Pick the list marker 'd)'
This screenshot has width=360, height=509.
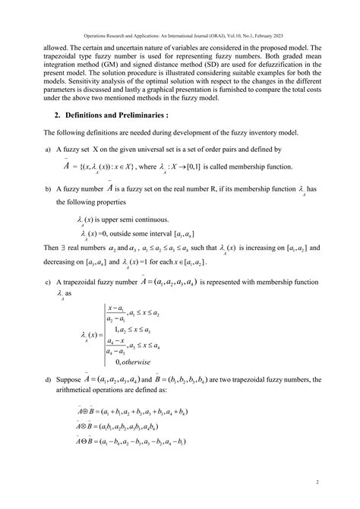(49, 400)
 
